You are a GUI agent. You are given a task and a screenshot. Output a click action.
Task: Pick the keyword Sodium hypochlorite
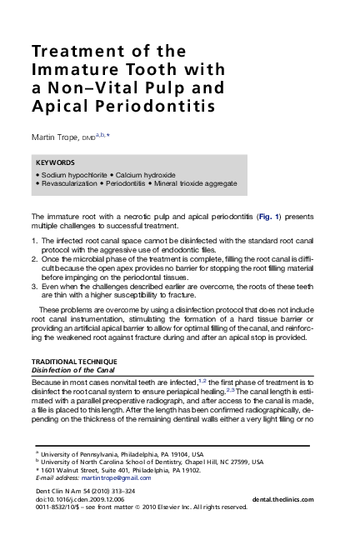click(x=74, y=175)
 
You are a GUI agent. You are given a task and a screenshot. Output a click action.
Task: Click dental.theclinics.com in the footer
click(x=282, y=498)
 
